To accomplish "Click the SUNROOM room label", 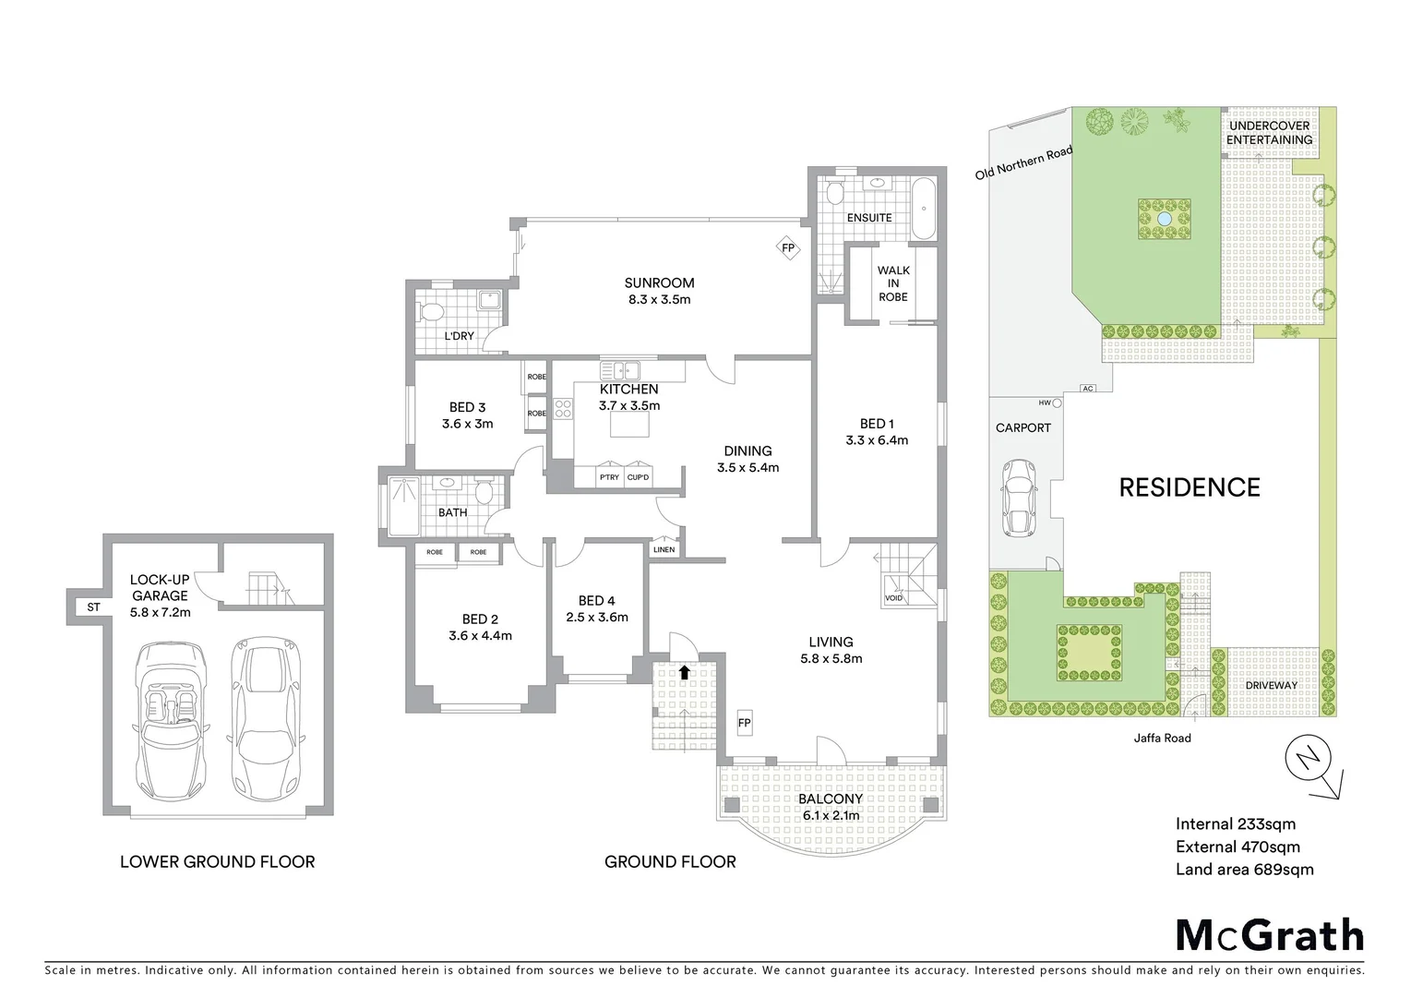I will [x=659, y=283].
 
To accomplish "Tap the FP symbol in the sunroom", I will [x=787, y=248].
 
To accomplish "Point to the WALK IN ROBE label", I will [x=892, y=284].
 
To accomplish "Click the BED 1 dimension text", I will [x=877, y=440].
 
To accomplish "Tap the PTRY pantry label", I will [x=609, y=477].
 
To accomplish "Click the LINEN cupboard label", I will [x=664, y=550].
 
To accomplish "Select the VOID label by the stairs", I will [x=893, y=598].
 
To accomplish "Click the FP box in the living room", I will [x=744, y=723].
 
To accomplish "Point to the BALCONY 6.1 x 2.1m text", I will [x=831, y=807].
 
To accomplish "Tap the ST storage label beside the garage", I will [x=93, y=607].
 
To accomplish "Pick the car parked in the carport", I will [x=1019, y=496].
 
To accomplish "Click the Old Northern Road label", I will [x=1024, y=162].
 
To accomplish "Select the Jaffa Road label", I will [x=1163, y=738].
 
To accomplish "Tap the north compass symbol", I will [x=1309, y=762].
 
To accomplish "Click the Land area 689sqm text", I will [x=1244, y=870].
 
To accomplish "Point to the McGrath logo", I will [x=1269, y=935].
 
